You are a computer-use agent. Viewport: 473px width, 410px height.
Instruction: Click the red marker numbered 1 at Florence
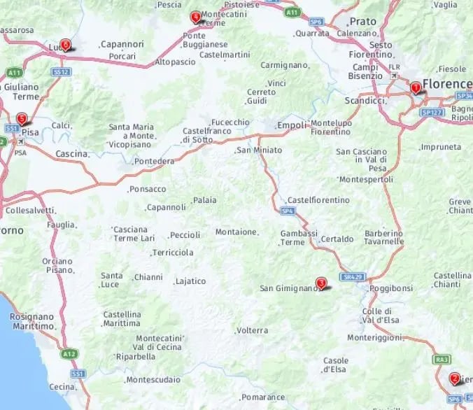pos(415,87)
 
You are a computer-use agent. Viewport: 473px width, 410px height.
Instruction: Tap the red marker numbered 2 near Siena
pos(454,379)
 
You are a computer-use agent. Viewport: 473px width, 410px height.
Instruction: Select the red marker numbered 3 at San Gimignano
pos(320,283)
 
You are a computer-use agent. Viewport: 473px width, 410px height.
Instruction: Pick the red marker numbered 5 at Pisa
pos(22,118)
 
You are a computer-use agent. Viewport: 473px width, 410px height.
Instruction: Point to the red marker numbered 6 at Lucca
pos(65,45)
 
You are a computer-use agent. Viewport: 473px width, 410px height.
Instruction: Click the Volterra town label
pos(252,330)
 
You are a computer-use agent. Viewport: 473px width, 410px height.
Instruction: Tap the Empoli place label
pos(292,126)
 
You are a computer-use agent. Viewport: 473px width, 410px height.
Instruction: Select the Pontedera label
pos(155,162)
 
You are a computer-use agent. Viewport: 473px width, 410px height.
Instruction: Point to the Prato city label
pos(362,22)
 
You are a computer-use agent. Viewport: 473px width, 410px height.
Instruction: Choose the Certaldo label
pos(337,239)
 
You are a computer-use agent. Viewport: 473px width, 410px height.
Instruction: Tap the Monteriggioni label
pos(376,337)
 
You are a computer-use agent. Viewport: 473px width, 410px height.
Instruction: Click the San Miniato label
pos(259,150)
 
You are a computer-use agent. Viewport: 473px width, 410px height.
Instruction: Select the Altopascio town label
pos(175,62)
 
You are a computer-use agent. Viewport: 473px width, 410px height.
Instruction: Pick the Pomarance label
pos(264,397)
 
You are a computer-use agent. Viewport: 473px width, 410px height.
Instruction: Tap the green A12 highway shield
pos(69,355)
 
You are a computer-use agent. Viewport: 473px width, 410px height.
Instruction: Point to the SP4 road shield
pos(287,211)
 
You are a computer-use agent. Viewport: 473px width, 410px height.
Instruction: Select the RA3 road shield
pos(442,359)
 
